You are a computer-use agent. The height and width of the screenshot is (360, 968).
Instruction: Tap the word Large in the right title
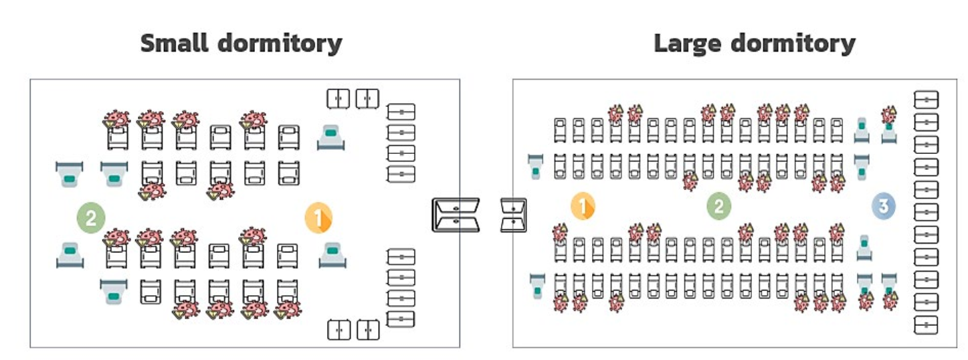point(687,44)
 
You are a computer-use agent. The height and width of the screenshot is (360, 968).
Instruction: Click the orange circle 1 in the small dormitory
point(318,217)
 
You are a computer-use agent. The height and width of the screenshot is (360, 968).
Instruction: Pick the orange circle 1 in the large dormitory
point(583,206)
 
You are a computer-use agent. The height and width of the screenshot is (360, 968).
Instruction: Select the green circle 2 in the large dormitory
point(719,206)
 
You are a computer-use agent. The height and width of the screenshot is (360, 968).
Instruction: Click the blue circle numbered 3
point(883,206)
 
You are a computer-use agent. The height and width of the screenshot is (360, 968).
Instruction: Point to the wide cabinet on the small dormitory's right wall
point(456,215)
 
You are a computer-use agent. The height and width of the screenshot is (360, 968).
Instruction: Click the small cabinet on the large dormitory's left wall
point(514,215)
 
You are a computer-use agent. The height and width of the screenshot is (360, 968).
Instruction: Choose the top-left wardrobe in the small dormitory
point(338,98)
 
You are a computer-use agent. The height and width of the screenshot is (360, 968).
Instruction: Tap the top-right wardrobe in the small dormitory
point(367,98)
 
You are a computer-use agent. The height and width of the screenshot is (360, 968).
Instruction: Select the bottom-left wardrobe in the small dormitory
point(338,329)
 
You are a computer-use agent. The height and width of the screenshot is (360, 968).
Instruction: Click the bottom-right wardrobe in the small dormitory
point(368,329)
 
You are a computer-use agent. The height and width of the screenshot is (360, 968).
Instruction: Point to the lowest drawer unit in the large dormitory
point(927,325)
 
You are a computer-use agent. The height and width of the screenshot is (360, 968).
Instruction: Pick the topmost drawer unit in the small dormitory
point(401,111)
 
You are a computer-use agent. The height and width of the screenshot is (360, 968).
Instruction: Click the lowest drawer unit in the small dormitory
point(401,319)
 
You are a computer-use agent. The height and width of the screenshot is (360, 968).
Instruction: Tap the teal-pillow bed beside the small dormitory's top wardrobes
point(331,137)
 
